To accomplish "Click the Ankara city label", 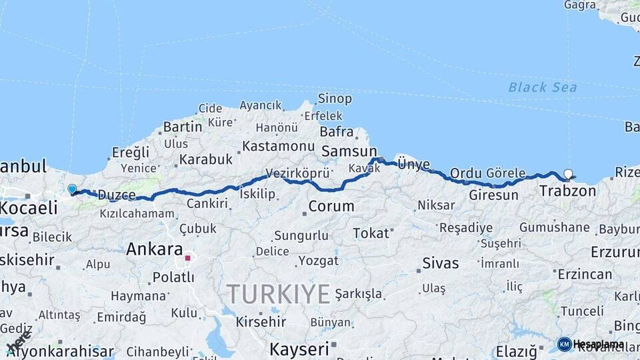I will tap(155, 249).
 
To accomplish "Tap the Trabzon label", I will tap(567, 191).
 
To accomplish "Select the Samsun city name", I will tap(349, 152).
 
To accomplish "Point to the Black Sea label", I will tap(543, 87).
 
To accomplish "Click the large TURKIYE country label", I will tap(278, 294).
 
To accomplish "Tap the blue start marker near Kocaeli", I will tap(72, 189).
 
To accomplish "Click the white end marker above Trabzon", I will tap(568, 174).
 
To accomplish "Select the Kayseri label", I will tap(299, 348).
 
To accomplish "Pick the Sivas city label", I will tap(441, 263).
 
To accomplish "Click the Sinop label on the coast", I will tap(335, 99).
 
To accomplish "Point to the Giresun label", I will tap(493, 195).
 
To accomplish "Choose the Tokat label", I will tap(371, 233).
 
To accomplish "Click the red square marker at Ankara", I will tap(188, 257).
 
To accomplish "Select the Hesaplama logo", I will tap(591, 344).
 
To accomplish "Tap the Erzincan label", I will tap(585, 274).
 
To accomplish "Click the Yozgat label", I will tap(319, 260).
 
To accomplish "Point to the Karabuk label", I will tap(205, 159).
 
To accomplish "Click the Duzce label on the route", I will tap(117, 195).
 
